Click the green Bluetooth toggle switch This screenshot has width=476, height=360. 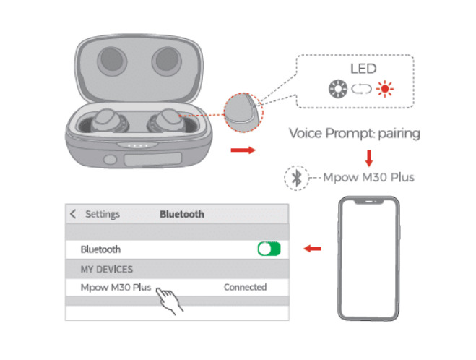(269, 249)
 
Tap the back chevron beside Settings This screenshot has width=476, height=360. (73, 214)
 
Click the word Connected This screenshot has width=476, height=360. (245, 287)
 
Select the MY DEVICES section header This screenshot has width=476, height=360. (107, 269)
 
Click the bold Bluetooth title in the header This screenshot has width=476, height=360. (181, 214)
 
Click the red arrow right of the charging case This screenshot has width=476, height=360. (241, 150)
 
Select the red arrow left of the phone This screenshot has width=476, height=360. (313, 249)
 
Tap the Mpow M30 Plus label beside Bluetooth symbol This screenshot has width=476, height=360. (368, 177)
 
